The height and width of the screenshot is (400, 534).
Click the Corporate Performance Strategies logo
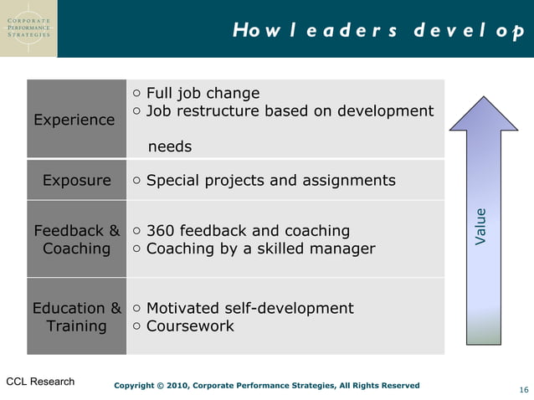pyautogui.click(x=28, y=28)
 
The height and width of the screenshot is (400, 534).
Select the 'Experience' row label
pyautogui.click(x=74, y=120)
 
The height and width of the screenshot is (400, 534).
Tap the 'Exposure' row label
pyautogui.click(x=76, y=180)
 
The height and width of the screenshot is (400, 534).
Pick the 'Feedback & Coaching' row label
pyautogui.click(x=76, y=239)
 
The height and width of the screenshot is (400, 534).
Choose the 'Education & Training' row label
pyautogui.click(x=76, y=316)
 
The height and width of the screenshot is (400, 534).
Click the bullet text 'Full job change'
pyautogui.click(x=203, y=93)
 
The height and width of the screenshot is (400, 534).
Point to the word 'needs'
pyautogui.click(x=170, y=146)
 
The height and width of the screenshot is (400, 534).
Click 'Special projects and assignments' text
pyautogui.click(x=270, y=180)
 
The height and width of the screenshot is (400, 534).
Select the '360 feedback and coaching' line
pyautogui.click(x=248, y=230)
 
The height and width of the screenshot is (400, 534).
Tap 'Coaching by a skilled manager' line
pyautogui.click(x=260, y=249)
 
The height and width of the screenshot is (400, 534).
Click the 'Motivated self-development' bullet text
pyautogui.click(x=249, y=308)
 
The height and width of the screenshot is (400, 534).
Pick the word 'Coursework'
pyautogui.click(x=190, y=326)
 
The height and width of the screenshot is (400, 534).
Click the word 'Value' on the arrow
pyautogui.click(x=480, y=226)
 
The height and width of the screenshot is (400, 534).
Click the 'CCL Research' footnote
pyautogui.click(x=40, y=382)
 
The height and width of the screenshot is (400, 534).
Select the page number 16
pyautogui.click(x=523, y=391)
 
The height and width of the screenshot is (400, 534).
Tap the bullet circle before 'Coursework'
pyautogui.click(x=137, y=326)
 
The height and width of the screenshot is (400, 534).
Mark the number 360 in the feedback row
pyautogui.click(x=159, y=230)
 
